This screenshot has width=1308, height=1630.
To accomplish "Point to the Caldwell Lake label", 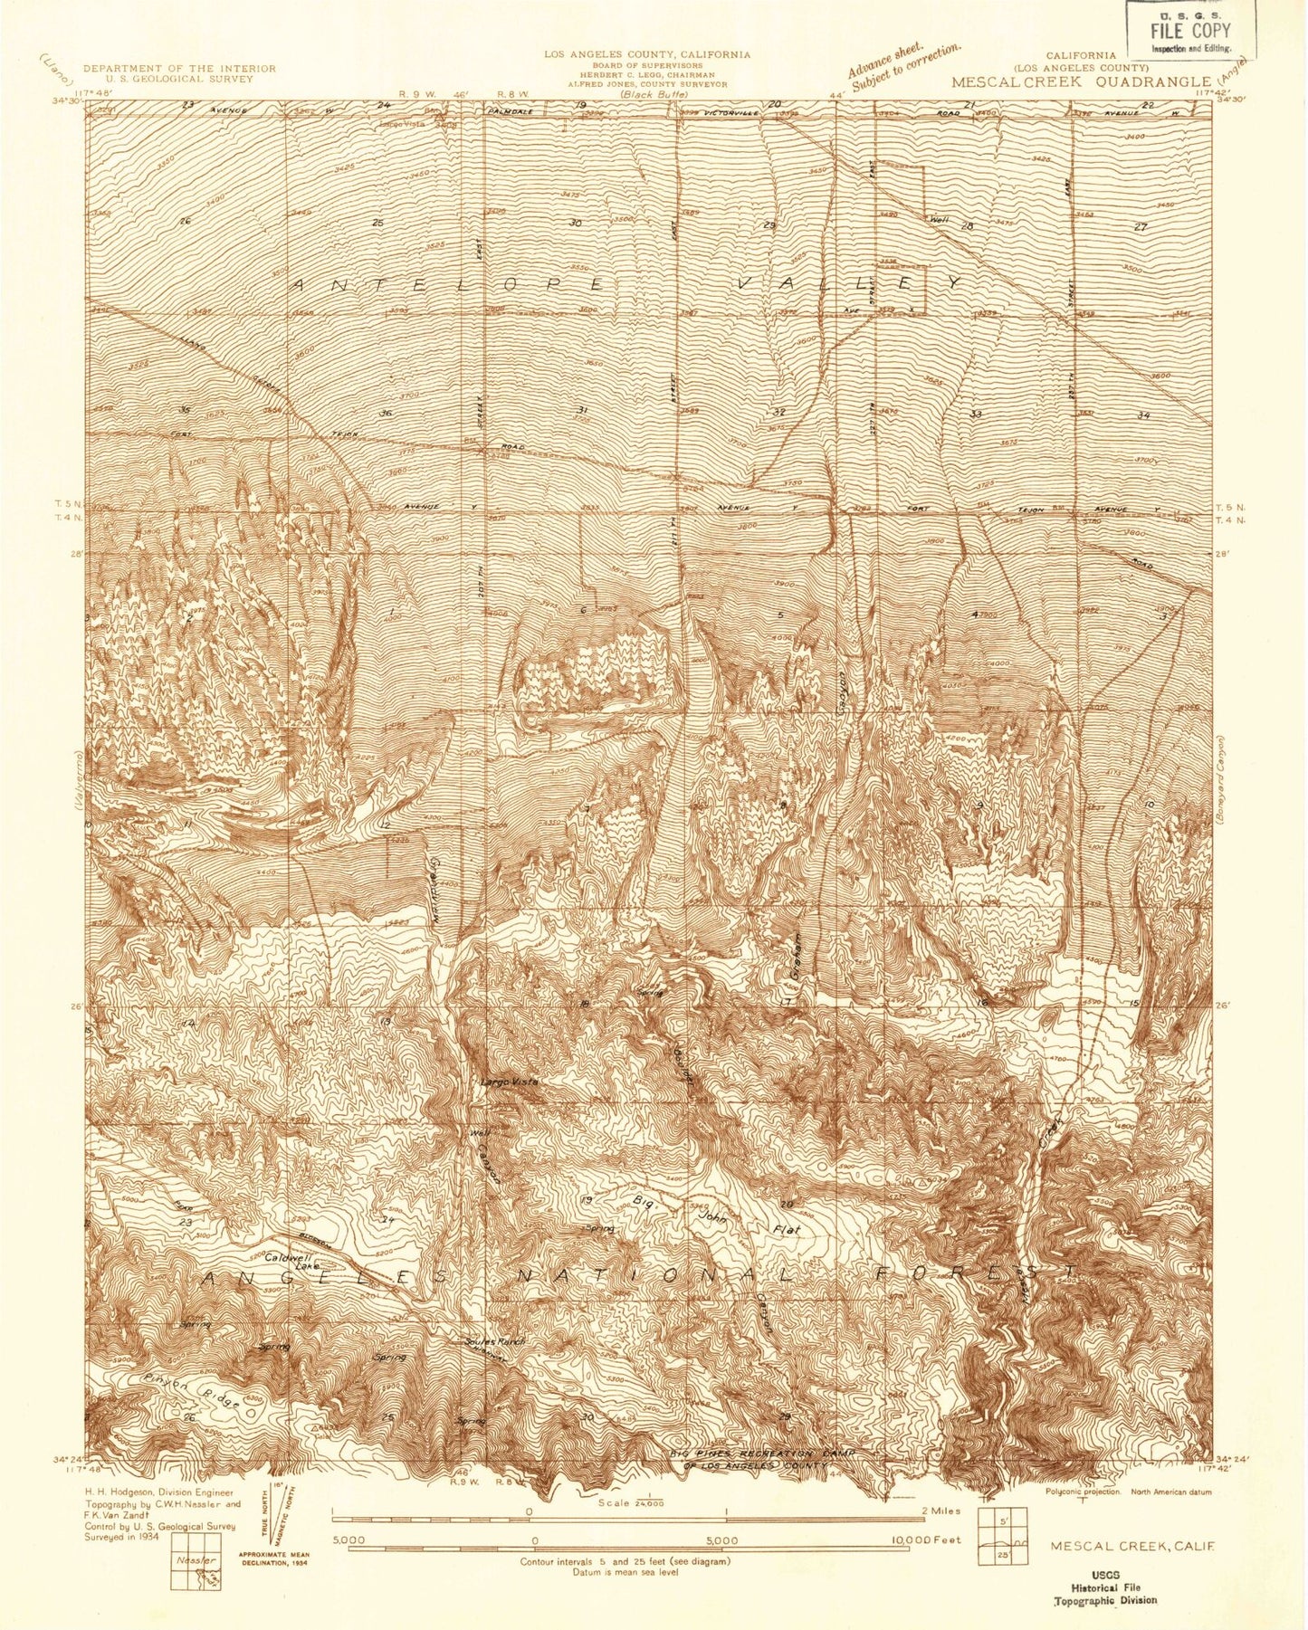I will pyautogui.click(x=290, y=1263).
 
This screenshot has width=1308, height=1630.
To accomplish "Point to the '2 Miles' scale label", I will pyautogui.click(x=940, y=1511).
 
